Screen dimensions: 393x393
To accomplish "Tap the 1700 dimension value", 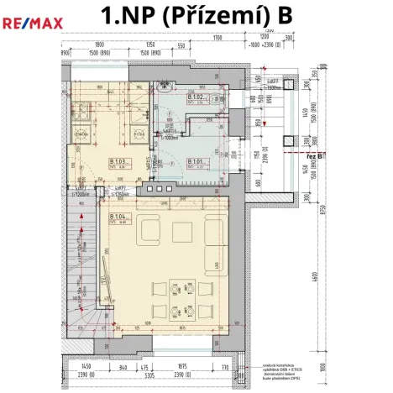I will click(217, 39).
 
